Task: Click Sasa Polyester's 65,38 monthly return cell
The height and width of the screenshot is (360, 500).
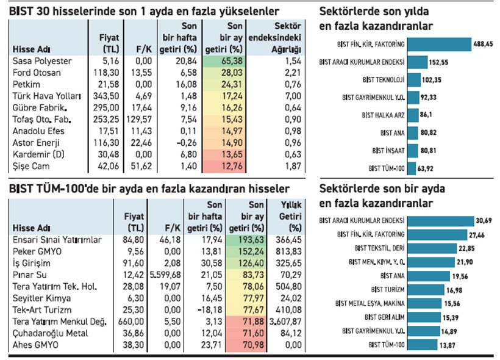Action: pyautogui.click(x=234, y=62)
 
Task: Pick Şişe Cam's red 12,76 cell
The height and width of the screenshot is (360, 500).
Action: pyautogui.click(x=234, y=165)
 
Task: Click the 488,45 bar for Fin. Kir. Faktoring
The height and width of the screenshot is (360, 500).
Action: pyautogui.click(x=439, y=44)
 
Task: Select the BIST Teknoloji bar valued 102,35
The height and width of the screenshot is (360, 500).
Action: pyautogui.click(x=413, y=79)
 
